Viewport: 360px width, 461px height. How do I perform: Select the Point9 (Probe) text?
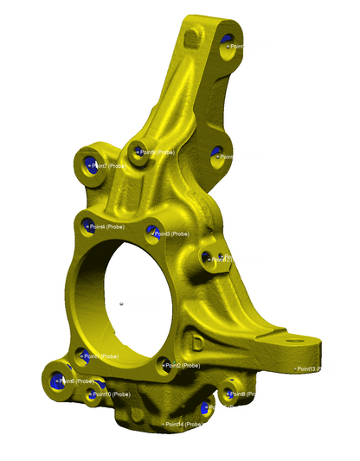pyautogui.click(x=157, y=152)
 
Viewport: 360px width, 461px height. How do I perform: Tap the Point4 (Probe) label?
pyautogui.click(x=108, y=227)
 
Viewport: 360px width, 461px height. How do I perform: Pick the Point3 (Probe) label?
pyautogui.click(x=172, y=234)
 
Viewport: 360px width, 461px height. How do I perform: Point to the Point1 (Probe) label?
pyautogui.click(x=102, y=355)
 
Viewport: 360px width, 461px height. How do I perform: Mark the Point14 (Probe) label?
pyautogui.click(x=183, y=424)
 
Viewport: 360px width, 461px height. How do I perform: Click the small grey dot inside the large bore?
pyautogui.click(x=123, y=303)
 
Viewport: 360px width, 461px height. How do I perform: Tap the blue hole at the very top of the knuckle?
pyautogui.click(x=228, y=42)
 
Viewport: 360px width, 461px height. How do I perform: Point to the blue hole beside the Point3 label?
pyautogui.click(x=153, y=232)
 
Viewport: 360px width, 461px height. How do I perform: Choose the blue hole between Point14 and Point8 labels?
pyautogui.click(x=206, y=408)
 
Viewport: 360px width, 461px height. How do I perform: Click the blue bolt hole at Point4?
pyautogui.click(x=87, y=226)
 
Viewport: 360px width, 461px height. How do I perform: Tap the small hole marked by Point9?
pyautogui.click(x=136, y=153)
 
